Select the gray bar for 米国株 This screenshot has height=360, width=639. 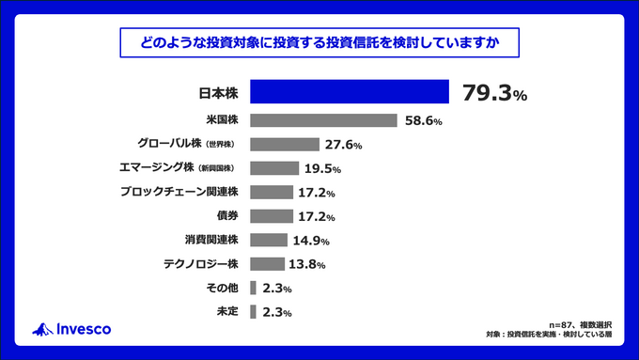[324, 120]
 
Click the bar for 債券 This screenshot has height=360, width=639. [272, 216]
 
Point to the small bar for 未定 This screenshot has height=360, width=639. [253, 311]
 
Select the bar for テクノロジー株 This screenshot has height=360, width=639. [268, 264]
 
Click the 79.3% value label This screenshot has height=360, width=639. [494, 93]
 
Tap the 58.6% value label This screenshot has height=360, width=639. [423, 121]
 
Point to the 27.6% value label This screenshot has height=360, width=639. [343, 145]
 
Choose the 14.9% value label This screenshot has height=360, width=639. [317, 241]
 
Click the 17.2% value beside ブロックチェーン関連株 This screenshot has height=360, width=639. [317, 193]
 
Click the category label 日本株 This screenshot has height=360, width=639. [218, 92]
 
